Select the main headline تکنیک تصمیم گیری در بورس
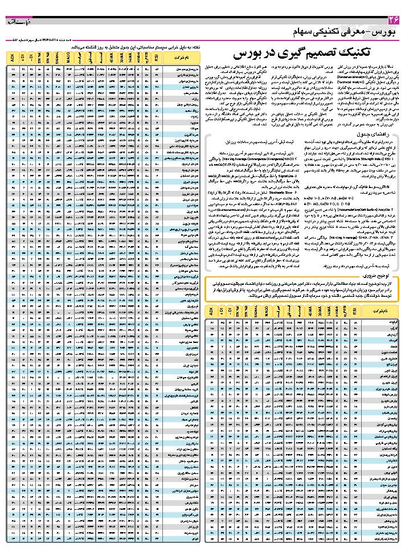pos(302,54)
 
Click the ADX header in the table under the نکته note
pos(13,58)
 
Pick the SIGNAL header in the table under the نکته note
pos(57,58)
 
